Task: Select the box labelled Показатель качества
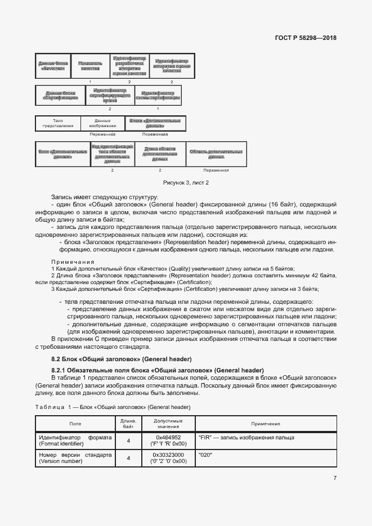[90, 66]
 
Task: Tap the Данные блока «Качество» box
[53, 66]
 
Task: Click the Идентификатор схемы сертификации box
[160, 95]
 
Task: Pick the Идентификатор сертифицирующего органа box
[109, 95]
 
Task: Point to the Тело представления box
[57, 123]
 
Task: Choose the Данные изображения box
[102, 123]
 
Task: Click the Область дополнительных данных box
[216, 154]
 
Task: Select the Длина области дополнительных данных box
[160, 154]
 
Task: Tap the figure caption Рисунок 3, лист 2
[186, 182]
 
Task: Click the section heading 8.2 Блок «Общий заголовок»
[122, 359]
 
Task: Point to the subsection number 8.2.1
[59, 370]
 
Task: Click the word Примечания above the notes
[72, 262]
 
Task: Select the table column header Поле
[75, 424]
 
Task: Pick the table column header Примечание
[266, 424]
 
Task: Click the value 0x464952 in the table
[168, 437]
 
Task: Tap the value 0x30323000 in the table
[168, 455]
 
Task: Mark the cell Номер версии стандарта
[75, 455]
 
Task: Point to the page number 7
[335, 478]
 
